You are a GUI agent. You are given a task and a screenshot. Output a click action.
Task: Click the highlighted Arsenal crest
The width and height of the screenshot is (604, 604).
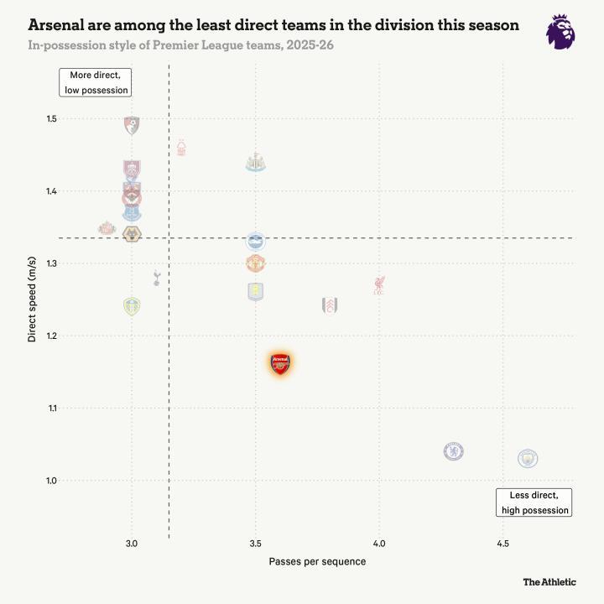(x=281, y=363)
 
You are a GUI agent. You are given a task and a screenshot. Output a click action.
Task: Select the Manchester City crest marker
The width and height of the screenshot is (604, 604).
(x=528, y=458)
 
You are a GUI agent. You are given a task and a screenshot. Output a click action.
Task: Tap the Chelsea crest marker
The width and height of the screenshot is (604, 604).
(x=454, y=451)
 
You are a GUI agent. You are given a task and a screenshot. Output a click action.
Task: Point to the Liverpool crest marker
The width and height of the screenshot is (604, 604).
(x=379, y=284)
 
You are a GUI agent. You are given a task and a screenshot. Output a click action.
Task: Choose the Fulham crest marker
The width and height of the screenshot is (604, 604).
(x=330, y=305)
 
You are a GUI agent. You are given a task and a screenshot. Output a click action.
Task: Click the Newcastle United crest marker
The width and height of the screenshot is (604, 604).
(x=256, y=162)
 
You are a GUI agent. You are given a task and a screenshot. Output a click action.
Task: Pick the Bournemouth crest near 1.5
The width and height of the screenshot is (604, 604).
(x=131, y=126)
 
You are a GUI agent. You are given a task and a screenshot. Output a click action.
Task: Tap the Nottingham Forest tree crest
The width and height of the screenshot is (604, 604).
(x=181, y=148)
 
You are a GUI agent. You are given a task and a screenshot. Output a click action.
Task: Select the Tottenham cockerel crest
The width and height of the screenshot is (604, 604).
(x=156, y=278)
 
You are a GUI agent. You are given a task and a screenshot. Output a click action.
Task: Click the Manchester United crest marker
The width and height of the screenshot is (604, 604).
(x=256, y=263)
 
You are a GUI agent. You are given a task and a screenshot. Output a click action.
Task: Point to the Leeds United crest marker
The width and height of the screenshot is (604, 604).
(x=132, y=305)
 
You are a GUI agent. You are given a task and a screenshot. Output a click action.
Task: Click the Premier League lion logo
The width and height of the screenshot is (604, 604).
(x=560, y=32)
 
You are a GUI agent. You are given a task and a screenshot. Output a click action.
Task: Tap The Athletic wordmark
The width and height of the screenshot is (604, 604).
(x=549, y=581)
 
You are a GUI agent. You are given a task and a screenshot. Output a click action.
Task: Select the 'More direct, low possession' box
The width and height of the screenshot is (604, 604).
(x=96, y=82)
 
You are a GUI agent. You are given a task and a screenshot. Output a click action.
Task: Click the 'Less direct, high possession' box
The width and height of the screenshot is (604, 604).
(x=534, y=502)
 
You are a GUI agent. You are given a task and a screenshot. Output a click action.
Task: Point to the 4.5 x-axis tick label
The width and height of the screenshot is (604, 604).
(x=502, y=544)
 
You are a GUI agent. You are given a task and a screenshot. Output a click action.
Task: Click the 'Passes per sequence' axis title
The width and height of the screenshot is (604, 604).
(x=317, y=561)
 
